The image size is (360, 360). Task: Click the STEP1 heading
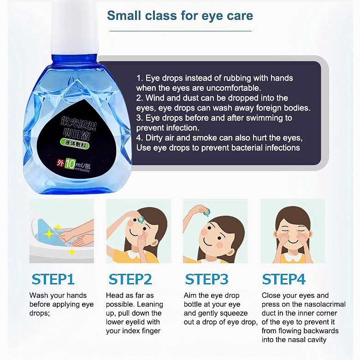[53, 279]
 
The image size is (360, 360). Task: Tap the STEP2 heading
[130, 279]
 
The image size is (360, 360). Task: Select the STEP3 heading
[207, 279]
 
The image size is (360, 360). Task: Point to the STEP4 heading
[284, 279]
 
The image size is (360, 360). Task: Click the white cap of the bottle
[75, 28]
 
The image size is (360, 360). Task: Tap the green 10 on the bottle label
[70, 164]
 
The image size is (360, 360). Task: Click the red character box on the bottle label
[60, 163]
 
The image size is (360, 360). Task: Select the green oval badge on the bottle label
[74, 144]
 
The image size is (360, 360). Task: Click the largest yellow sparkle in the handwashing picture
[49, 234]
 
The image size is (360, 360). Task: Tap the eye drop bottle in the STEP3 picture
[206, 212]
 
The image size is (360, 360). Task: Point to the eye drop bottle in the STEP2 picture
[141, 220]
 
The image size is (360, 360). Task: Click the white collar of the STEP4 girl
[293, 257]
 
